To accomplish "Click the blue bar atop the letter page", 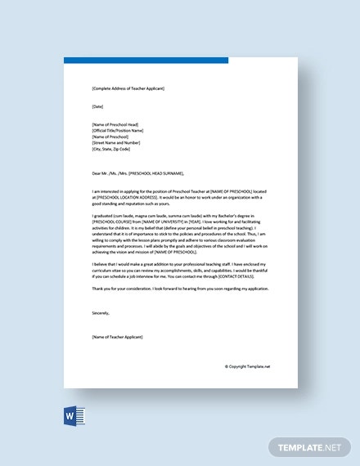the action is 146,60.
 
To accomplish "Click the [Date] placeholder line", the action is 98,105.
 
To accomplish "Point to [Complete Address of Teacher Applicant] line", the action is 128,87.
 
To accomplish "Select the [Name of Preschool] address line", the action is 111,137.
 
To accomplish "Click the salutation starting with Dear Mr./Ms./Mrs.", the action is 138,173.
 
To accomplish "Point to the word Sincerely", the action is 101,312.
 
